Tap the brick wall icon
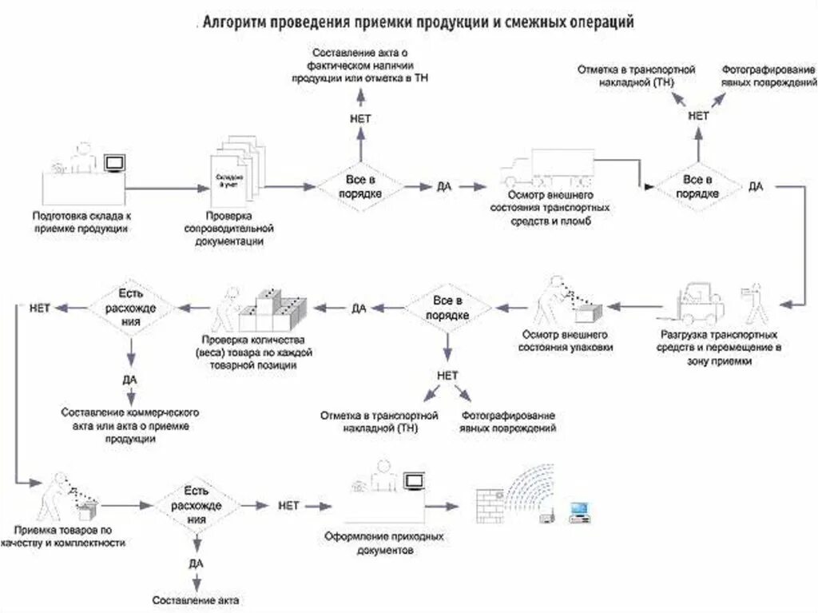490,504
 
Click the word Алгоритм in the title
236,22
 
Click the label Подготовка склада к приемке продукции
81,221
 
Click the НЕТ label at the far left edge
40,306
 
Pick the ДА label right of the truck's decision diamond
756,186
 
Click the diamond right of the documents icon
359,186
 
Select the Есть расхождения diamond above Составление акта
196,504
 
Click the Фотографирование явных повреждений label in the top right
768,76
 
